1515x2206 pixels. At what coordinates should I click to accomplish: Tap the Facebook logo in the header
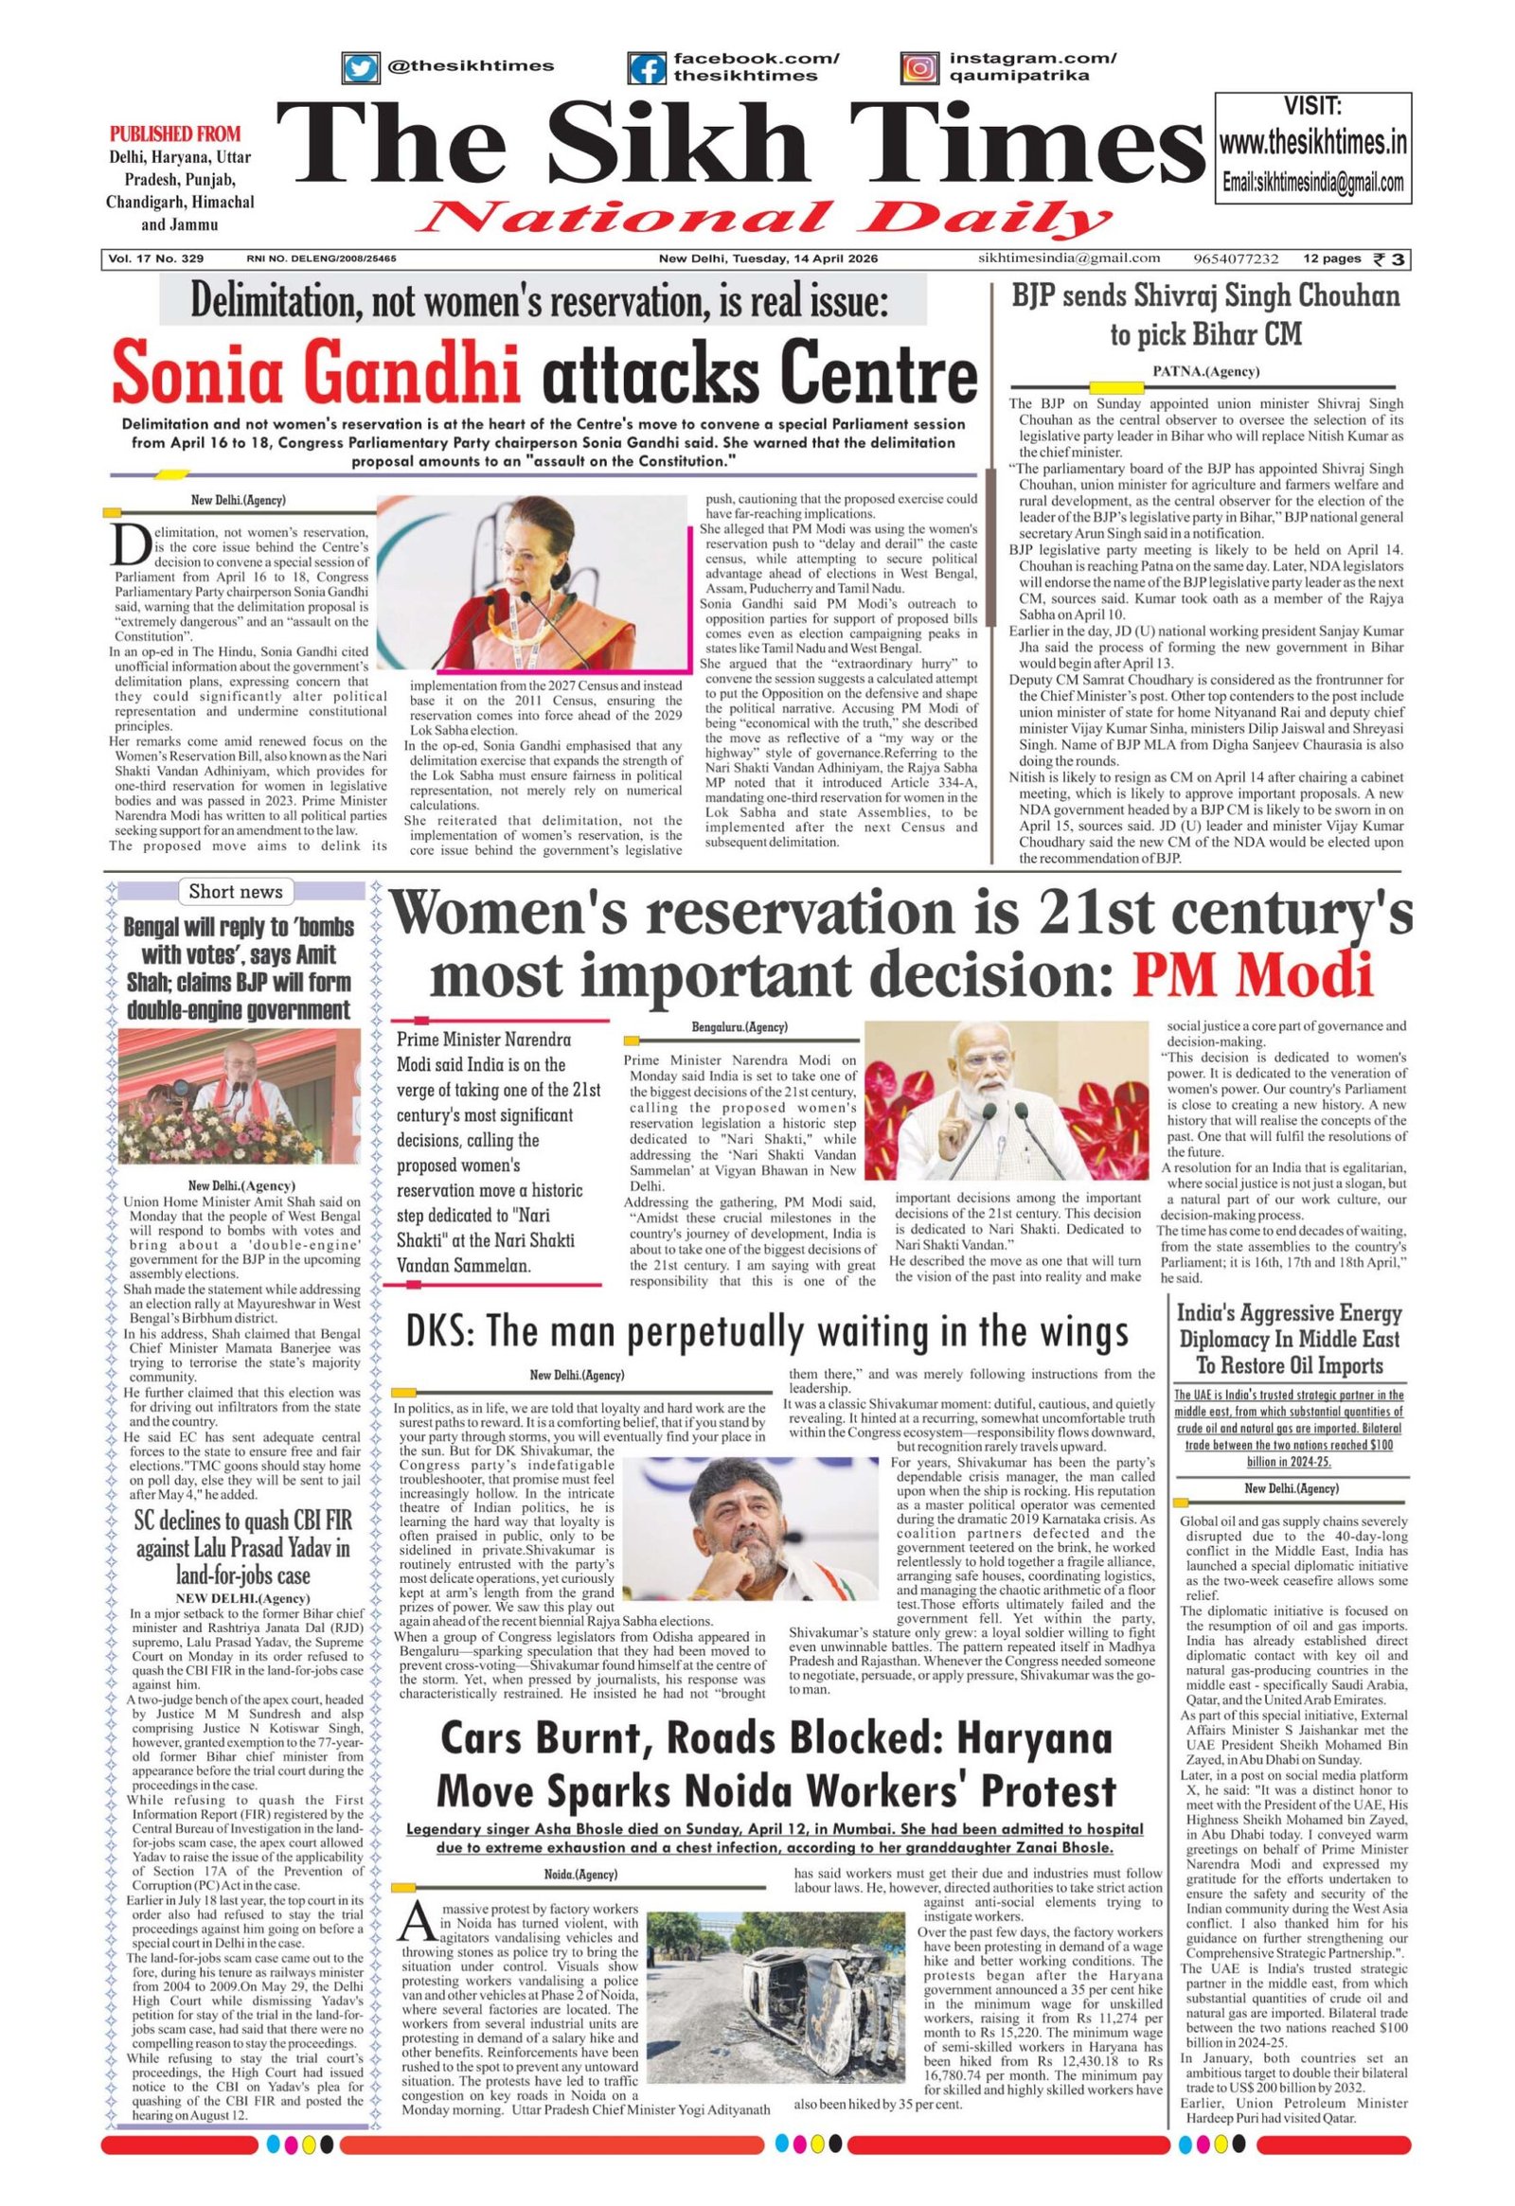click(x=649, y=67)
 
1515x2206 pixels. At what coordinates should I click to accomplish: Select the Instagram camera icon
click(x=918, y=67)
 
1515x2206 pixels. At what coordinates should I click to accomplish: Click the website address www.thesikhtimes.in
click(x=1312, y=144)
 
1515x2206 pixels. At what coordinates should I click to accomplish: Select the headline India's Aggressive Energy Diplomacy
click(x=1289, y=1341)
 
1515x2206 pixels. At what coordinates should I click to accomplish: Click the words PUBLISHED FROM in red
click(x=175, y=133)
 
